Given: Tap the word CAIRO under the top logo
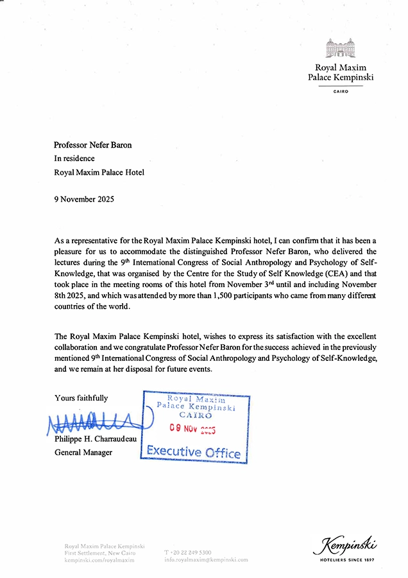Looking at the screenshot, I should point(341,92).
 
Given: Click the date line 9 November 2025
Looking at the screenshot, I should point(84,199).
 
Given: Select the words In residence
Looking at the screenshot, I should point(74,159).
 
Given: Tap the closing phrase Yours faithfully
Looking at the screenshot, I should point(81,398).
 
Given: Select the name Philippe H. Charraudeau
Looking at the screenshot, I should point(96,439).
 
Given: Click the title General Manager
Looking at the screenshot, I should point(83,452).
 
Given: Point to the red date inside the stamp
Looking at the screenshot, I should point(192,429).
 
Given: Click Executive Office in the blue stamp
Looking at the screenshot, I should point(194,451).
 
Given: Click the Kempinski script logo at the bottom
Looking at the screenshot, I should point(345,547).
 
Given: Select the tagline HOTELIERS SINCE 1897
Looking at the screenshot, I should point(346,560).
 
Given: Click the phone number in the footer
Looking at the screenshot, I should point(188,552).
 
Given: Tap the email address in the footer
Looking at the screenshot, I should point(206,559).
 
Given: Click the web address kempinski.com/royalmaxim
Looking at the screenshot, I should point(99,560).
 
